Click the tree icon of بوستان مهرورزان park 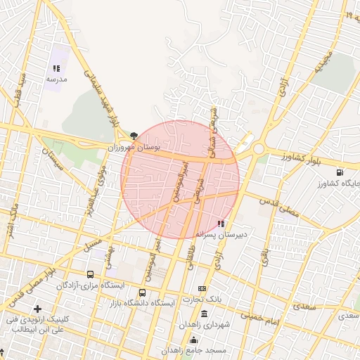coord(134,135)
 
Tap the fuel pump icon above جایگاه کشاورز coord(341,172)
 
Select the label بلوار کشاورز coord(302,157)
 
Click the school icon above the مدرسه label coord(56,69)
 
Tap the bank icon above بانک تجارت coord(202,289)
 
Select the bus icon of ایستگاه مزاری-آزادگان coord(89,275)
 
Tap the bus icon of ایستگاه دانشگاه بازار coord(143,292)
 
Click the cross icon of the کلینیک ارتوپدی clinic coord(37,309)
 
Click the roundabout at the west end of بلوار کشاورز coord(258,148)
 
